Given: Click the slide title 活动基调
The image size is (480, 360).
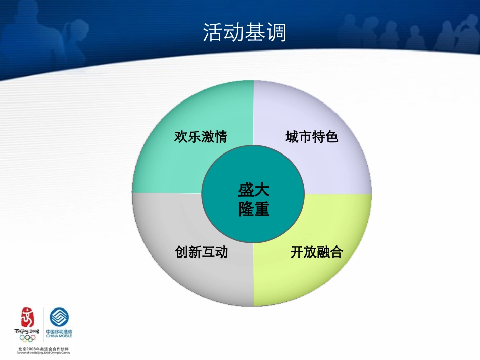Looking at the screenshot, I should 245,33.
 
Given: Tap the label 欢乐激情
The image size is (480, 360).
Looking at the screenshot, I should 201,137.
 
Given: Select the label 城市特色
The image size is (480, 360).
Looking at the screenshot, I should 312,137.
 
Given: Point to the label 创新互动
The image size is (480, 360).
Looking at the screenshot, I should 201,251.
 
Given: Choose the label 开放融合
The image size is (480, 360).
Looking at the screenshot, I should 316,252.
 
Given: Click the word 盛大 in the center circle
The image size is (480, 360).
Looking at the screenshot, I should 254,190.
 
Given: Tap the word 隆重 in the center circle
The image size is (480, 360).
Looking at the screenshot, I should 254,209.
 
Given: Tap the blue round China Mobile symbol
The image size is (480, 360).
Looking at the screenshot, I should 59,318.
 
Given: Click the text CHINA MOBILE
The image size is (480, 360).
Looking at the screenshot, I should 60,336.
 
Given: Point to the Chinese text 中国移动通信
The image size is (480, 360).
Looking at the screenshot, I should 60,331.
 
